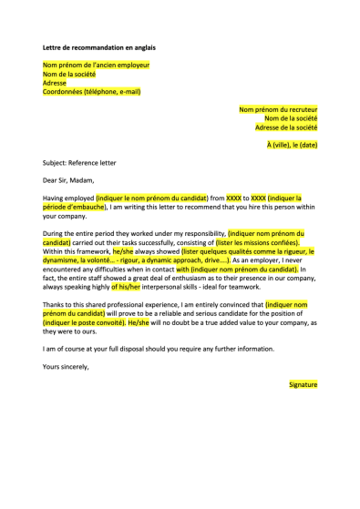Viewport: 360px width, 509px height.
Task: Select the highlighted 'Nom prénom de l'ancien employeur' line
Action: pos(96,66)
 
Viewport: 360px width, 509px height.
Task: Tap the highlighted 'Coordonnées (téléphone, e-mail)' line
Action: pos(91,91)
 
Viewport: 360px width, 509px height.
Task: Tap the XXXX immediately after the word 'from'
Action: pos(234,197)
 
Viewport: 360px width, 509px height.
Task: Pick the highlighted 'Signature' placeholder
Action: pos(303,384)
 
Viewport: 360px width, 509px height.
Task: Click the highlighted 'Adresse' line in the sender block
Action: pos(55,83)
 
